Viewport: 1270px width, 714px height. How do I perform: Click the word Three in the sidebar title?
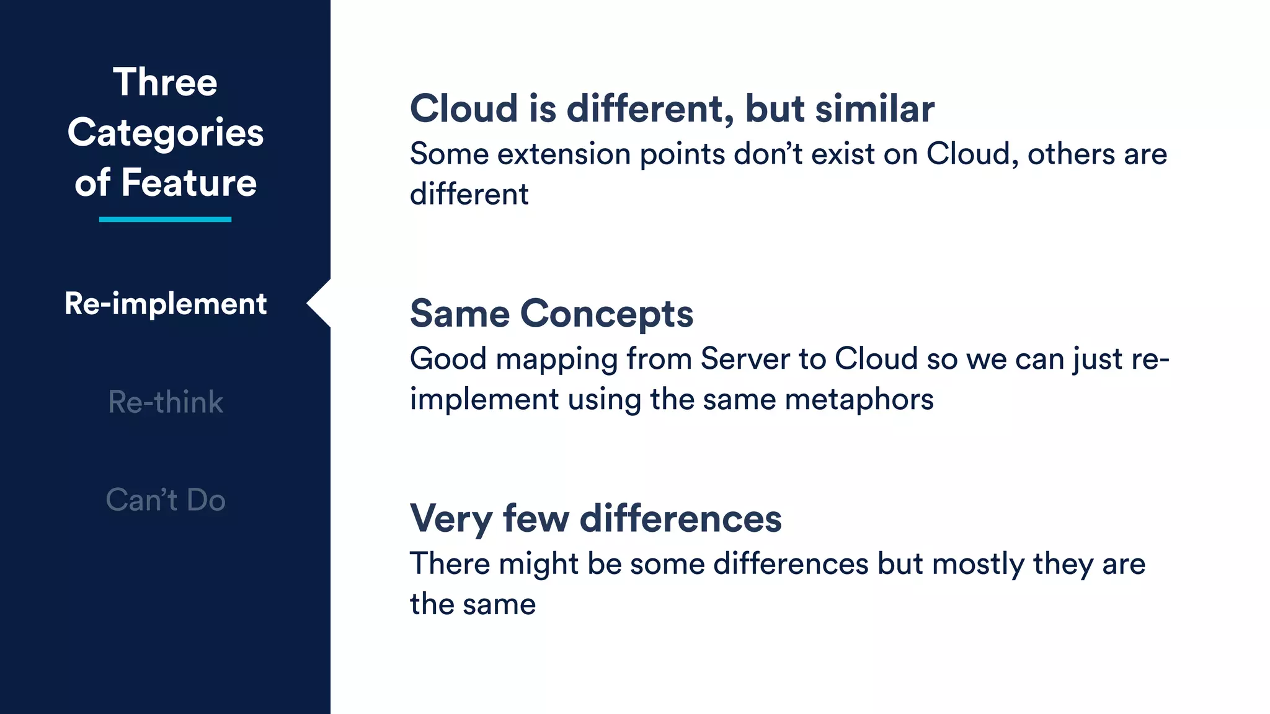(x=165, y=82)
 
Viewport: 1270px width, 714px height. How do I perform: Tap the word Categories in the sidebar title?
(x=166, y=133)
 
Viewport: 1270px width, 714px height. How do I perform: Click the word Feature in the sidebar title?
(x=189, y=183)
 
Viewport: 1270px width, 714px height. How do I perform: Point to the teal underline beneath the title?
(x=165, y=219)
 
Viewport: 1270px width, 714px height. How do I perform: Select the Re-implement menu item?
(x=166, y=304)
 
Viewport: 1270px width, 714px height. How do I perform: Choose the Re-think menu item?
(x=166, y=402)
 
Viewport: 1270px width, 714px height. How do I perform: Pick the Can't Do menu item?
(x=166, y=500)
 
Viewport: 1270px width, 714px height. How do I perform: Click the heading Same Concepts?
(x=551, y=314)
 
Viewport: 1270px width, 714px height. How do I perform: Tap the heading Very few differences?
(x=595, y=518)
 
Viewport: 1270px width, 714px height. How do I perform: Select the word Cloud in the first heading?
(x=464, y=109)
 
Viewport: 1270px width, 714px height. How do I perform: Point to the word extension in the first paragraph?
(x=564, y=154)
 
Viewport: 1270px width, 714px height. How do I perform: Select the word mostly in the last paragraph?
(x=978, y=565)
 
